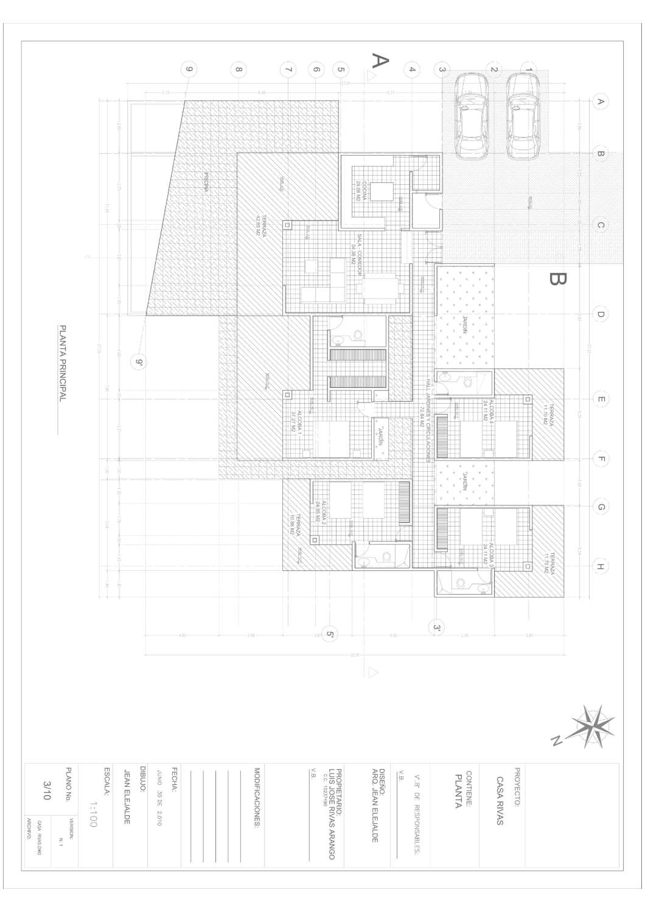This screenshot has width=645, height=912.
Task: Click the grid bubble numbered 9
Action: pos(190,69)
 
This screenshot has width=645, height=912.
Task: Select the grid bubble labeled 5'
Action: pos(330,634)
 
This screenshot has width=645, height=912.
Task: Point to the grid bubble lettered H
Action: pos(600,567)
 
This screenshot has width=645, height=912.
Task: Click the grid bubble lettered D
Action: pos(600,314)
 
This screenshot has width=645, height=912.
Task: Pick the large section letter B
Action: pos(557,278)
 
